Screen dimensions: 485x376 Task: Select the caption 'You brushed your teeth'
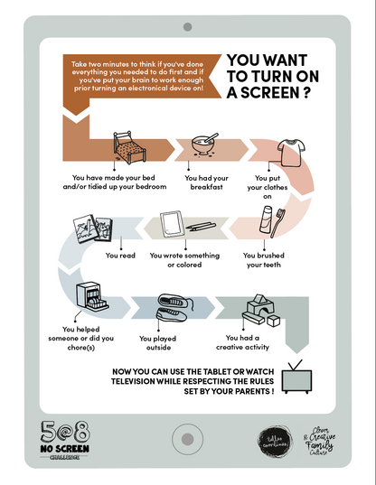[x=264, y=261]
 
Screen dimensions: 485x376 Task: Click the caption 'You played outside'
[x=158, y=344]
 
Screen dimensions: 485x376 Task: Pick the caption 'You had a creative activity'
[x=239, y=341]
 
